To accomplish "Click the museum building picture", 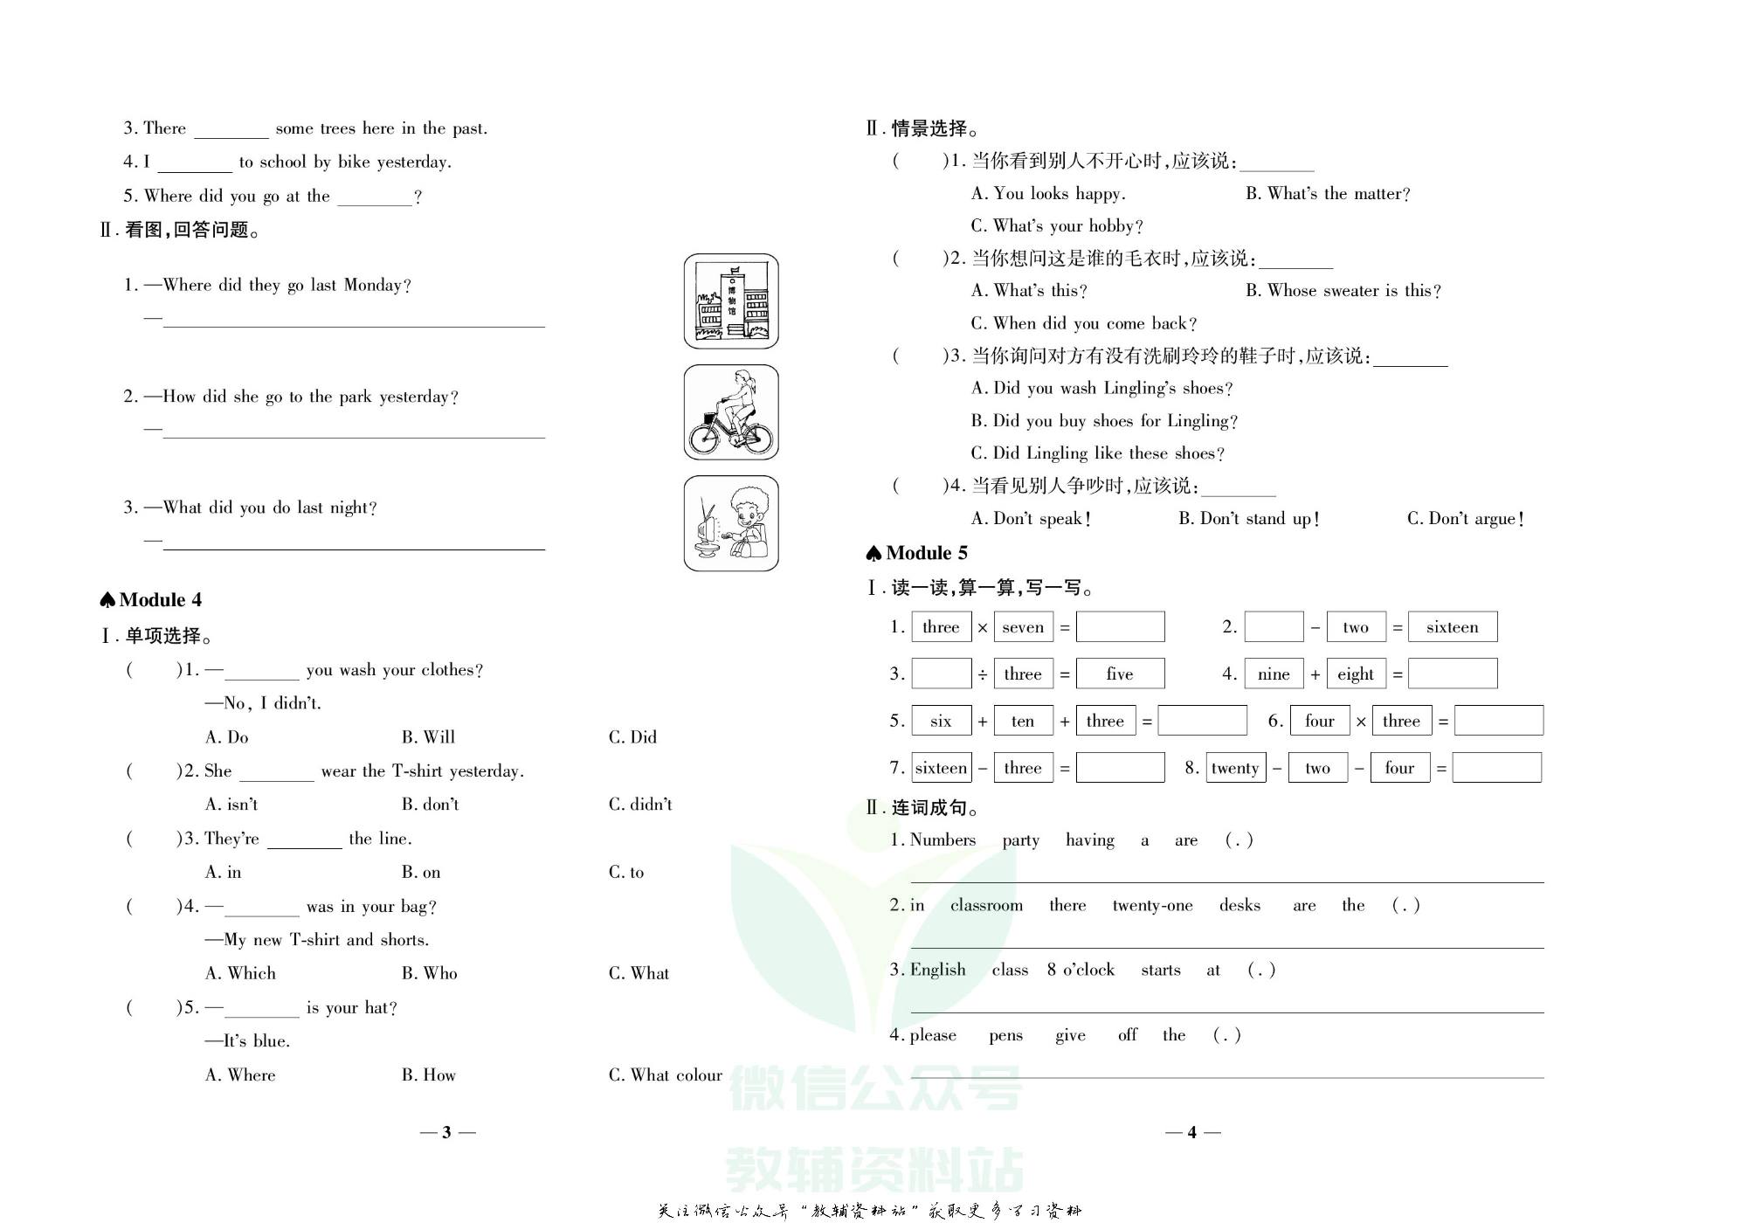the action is (x=731, y=301).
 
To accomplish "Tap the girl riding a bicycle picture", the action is (x=731, y=412).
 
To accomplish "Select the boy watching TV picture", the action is (x=731, y=523).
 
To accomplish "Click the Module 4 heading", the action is (x=152, y=600).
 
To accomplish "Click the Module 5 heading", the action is (x=918, y=553).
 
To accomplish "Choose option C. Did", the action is (x=632, y=737).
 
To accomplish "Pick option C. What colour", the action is (x=665, y=1075).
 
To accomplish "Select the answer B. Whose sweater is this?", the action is (x=1343, y=291).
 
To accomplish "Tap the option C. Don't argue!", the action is (x=1465, y=519).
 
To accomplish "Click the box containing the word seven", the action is (x=1023, y=627).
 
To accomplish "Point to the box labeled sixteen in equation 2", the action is (x=1452, y=627).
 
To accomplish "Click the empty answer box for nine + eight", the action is (x=1452, y=674).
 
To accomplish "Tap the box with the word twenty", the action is (x=1235, y=768).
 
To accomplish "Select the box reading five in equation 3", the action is (x=1120, y=674).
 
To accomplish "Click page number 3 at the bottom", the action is (x=447, y=1133).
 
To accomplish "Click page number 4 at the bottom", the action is (x=1192, y=1133).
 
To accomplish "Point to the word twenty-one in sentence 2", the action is (x=1152, y=906).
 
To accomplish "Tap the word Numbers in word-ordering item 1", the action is (x=943, y=840).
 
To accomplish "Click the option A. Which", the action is (x=240, y=974).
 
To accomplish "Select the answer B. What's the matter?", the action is (x=1328, y=194).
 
